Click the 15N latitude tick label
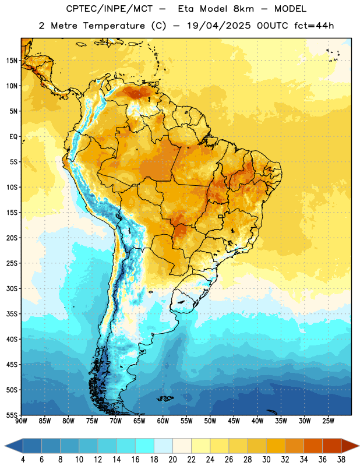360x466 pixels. tap(12, 61)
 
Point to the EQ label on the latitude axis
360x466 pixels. tap(13, 137)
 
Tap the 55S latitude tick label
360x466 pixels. tap(12, 415)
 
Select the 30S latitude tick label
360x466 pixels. tap(12, 288)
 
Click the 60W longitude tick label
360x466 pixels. tap(163, 421)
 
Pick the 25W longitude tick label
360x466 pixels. tap(328, 421)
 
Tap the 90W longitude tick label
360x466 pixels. tap(22, 421)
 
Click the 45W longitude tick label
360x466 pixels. tap(234, 421)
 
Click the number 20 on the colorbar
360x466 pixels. tap(172, 460)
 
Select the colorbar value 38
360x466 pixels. tap(341, 460)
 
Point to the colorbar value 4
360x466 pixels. tap(23, 460)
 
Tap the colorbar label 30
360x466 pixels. tap(266, 460)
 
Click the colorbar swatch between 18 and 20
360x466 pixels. tap(163, 446)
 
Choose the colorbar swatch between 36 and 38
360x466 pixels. tap(332, 446)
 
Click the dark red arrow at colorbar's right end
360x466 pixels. tap(350, 446)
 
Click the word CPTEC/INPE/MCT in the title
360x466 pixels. tap(110, 9)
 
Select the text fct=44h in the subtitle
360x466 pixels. tap(314, 26)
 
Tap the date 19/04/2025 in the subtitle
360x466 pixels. tap(218, 26)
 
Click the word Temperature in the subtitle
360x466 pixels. tap(114, 26)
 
